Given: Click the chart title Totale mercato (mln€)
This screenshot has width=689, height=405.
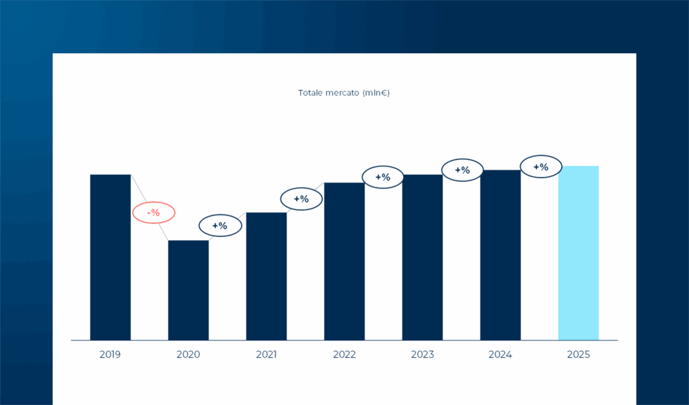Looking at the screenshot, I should click(x=344, y=93).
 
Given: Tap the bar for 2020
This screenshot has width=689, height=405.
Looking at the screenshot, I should click(x=188, y=290).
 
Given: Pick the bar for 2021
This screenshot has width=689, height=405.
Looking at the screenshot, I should click(x=266, y=276).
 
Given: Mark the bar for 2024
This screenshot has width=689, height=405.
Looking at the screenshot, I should click(x=501, y=255).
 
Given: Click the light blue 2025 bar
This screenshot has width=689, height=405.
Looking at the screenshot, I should click(x=579, y=253).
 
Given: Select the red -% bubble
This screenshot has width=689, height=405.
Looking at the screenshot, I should click(x=153, y=213).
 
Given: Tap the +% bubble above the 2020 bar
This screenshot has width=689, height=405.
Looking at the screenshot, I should click(x=220, y=226).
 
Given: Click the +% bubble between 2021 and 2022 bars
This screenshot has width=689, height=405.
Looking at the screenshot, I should click(x=301, y=199).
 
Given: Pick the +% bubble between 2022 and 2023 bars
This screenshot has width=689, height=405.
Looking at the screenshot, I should click(x=382, y=177).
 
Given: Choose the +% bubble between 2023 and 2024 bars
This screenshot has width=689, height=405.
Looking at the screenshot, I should click(x=462, y=170).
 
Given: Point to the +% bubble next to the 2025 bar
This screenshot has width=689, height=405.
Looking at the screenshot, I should click(x=540, y=167).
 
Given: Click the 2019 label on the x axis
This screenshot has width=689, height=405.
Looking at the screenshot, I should click(x=110, y=354).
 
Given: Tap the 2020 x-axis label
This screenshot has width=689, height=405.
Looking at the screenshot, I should click(x=188, y=354).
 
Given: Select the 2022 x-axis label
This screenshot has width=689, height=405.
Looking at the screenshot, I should click(x=344, y=354).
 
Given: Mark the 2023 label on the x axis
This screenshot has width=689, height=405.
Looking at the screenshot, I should click(x=423, y=354).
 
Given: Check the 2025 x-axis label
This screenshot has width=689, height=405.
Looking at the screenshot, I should click(x=579, y=354).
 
